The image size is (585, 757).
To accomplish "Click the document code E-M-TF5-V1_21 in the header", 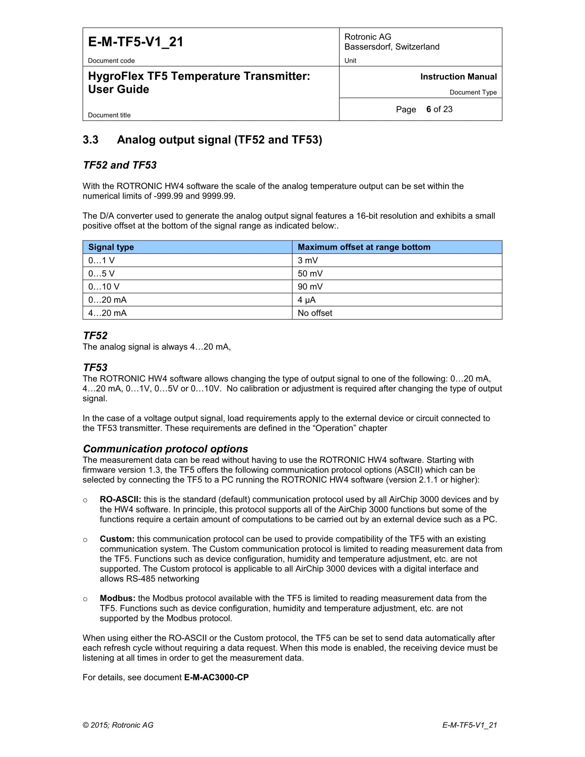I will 136,42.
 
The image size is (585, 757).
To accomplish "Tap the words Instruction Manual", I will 458,76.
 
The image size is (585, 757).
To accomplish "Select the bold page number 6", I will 429,109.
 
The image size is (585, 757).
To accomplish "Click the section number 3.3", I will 90,140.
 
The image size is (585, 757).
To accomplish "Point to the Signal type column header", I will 111,247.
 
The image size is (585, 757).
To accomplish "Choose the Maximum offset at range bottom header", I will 364,247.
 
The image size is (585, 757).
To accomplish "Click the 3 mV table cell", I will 308,260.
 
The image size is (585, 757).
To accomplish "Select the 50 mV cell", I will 310,273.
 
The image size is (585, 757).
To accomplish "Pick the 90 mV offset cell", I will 310,287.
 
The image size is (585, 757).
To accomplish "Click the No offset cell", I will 315,313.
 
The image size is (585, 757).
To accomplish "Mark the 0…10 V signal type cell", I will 104,287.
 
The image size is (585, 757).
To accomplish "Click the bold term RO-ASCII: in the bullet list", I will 120,499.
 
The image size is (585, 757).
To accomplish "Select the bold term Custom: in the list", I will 117,539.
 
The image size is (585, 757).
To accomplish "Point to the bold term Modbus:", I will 118,598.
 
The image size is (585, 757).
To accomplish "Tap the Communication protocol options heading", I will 166,449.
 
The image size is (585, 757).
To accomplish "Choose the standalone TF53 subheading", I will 95,368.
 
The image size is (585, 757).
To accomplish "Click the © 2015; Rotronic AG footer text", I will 118,725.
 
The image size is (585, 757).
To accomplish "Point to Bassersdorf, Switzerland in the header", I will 392,47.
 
